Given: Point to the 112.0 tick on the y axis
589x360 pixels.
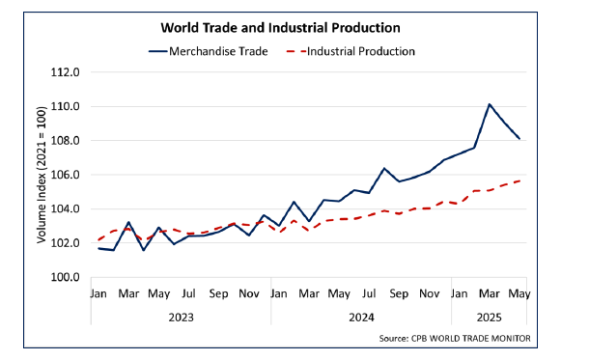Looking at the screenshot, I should point(69,72).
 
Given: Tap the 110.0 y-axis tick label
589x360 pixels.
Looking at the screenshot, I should point(69,106).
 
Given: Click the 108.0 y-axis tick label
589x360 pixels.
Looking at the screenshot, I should point(69,141).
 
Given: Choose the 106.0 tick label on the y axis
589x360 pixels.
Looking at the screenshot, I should point(69,175).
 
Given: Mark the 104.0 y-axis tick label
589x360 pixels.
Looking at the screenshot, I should point(69,209).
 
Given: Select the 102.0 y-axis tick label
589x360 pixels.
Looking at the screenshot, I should point(69,243).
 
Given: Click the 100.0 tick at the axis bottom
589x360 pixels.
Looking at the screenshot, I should point(69,278).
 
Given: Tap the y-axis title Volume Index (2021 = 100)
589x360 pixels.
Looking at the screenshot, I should point(42,176).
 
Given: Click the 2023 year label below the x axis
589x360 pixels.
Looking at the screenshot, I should point(181,316).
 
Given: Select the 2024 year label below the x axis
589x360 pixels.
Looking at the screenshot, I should point(360,316).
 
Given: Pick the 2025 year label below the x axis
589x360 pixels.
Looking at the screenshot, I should point(488,316).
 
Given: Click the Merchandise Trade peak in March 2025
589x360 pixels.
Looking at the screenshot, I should point(490,104).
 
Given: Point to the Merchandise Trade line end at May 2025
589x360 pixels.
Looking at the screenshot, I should point(520,139).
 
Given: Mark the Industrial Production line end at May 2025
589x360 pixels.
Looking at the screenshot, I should point(520,180).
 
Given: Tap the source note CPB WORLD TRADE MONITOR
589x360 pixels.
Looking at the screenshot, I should point(459,337).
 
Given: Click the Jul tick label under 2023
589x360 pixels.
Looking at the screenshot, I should point(188,292).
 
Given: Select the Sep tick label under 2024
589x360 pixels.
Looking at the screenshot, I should point(399,292).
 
